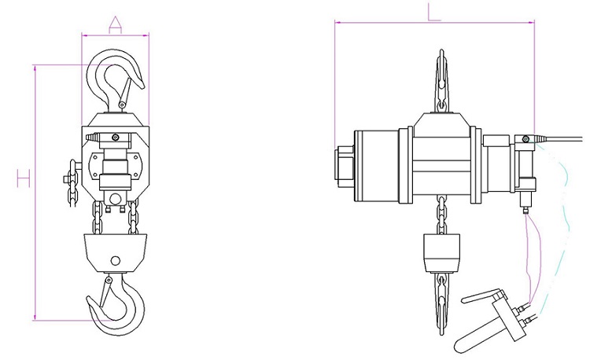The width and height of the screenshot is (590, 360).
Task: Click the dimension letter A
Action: (x=115, y=25)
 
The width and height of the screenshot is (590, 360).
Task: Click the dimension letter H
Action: (x=24, y=178)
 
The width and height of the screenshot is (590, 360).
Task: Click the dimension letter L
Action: (x=433, y=12)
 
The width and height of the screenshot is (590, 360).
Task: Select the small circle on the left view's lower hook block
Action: (x=116, y=260)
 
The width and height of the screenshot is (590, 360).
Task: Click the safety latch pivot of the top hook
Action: (x=122, y=105)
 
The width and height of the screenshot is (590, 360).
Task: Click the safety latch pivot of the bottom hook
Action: (x=109, y=280)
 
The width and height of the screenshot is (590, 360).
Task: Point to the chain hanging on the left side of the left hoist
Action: (x=72, y=183)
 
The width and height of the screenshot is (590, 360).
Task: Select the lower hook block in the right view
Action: (x=442, y=253)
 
